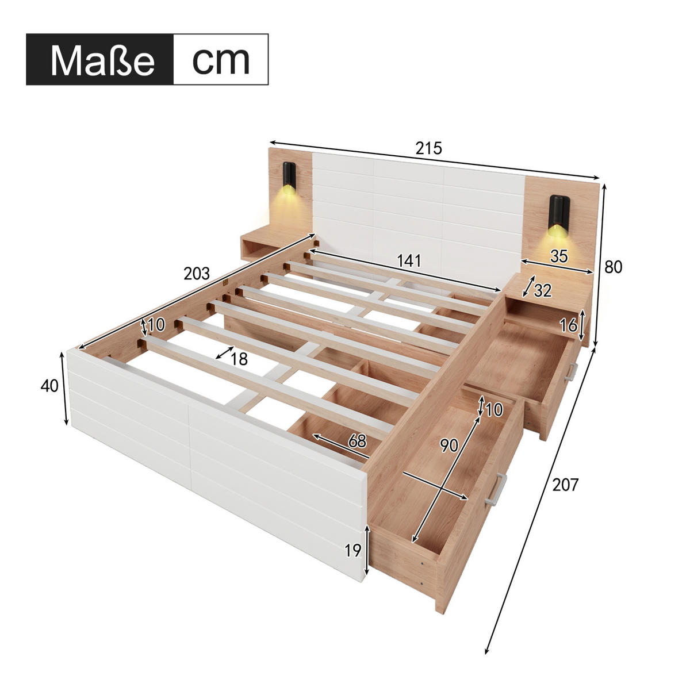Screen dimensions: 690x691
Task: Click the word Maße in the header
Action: [102, 60]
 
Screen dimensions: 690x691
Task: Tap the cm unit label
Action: [221, 60]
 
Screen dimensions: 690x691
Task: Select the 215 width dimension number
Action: [428, 148]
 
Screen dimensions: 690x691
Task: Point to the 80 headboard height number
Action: [613, 267]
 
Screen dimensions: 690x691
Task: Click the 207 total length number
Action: [565, 485]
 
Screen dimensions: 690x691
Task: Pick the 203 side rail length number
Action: [197, 274]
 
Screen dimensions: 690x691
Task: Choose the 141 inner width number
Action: [409, 261]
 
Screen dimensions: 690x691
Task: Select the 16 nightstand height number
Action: [569, 325]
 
